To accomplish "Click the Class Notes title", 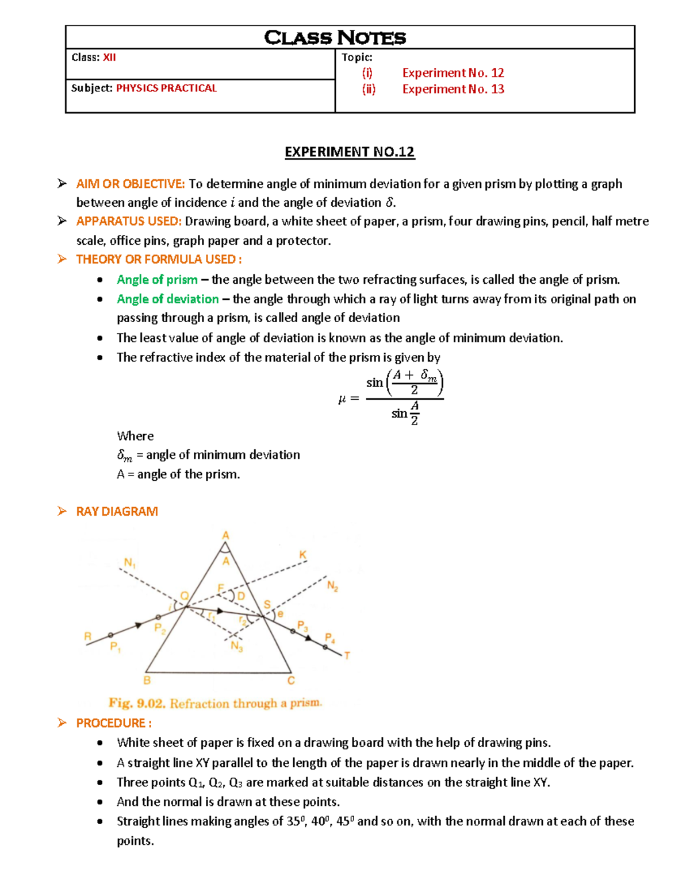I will (335, 38).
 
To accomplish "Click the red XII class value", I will (109, 57).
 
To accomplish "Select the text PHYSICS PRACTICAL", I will (166, 88).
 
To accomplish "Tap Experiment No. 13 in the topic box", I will (453, 89).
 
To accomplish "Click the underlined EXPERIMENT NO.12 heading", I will (349, 152).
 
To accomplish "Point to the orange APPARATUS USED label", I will (129, 222).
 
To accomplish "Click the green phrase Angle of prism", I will (157, 280).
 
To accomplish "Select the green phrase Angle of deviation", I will (167, 299).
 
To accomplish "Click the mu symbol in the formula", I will (342, 398).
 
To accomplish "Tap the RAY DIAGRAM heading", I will (117, 511).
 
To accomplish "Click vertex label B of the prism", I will (147, 680).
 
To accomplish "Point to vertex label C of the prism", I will (291, 680).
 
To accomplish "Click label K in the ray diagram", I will (302, 555).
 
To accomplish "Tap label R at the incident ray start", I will (88, 636).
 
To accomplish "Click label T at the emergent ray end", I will (347, 655).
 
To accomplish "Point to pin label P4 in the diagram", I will (329, 638).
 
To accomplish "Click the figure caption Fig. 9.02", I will (137, 703).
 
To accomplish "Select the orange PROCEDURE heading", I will (114, 723).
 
